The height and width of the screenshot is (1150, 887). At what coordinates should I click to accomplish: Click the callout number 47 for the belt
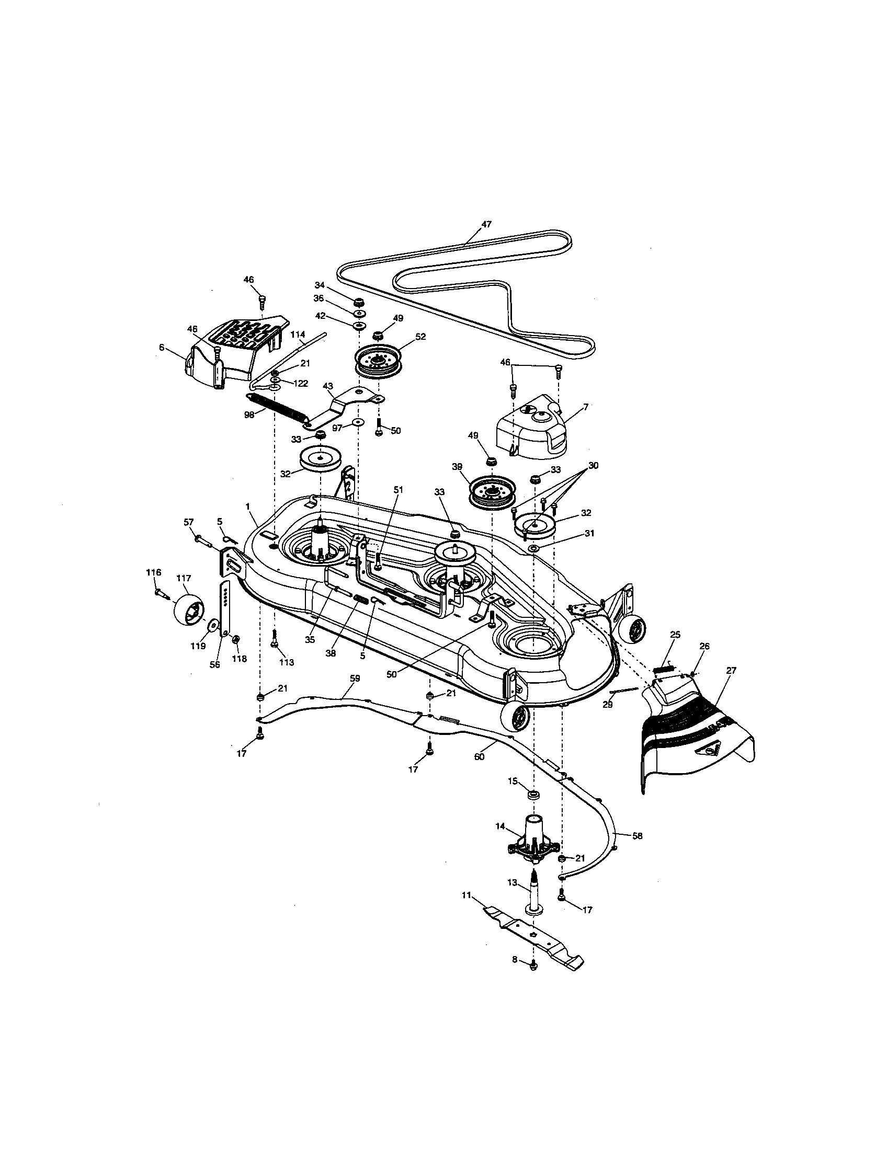(x=486, y=224)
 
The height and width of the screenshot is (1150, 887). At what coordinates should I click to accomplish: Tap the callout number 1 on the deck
(x=247, y=506)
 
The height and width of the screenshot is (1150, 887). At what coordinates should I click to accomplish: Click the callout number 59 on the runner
(x=355, y=678)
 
